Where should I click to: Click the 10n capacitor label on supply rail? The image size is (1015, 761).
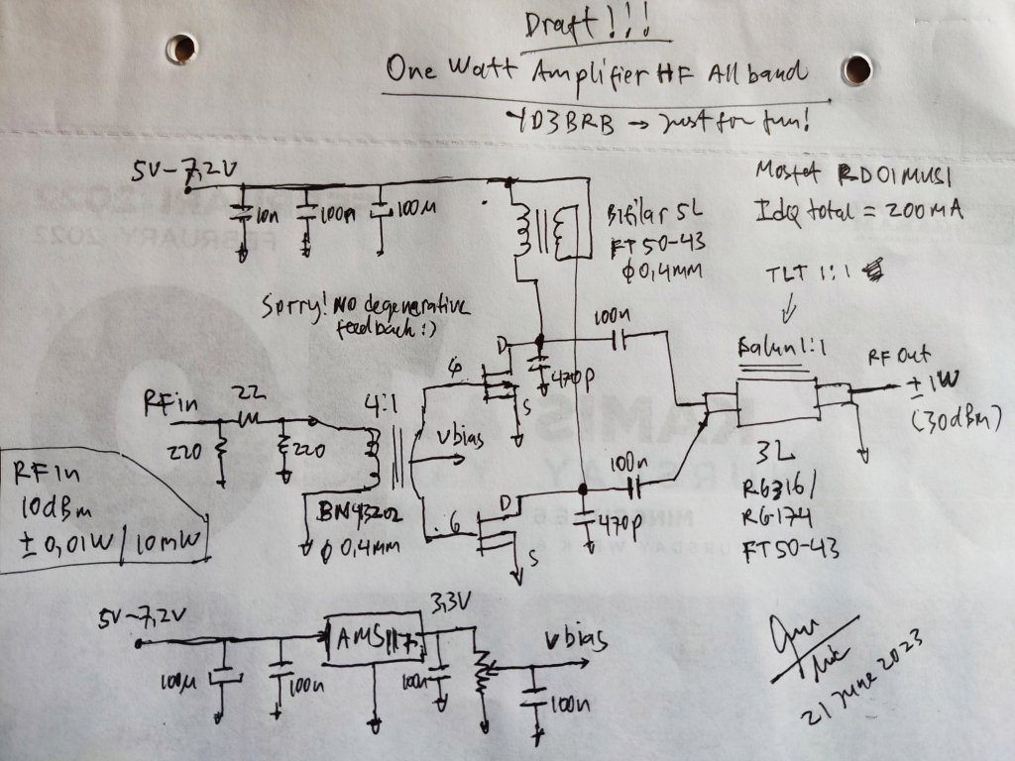pyautogui.click(x=269, y=215)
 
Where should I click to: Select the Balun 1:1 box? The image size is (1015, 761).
pyautogui.click(x=776, y=398)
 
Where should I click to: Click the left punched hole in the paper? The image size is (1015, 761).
pyautogui.click(x=181, y=48)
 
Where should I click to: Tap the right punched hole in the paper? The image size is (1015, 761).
pyautogui.click(x=856, y=69)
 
